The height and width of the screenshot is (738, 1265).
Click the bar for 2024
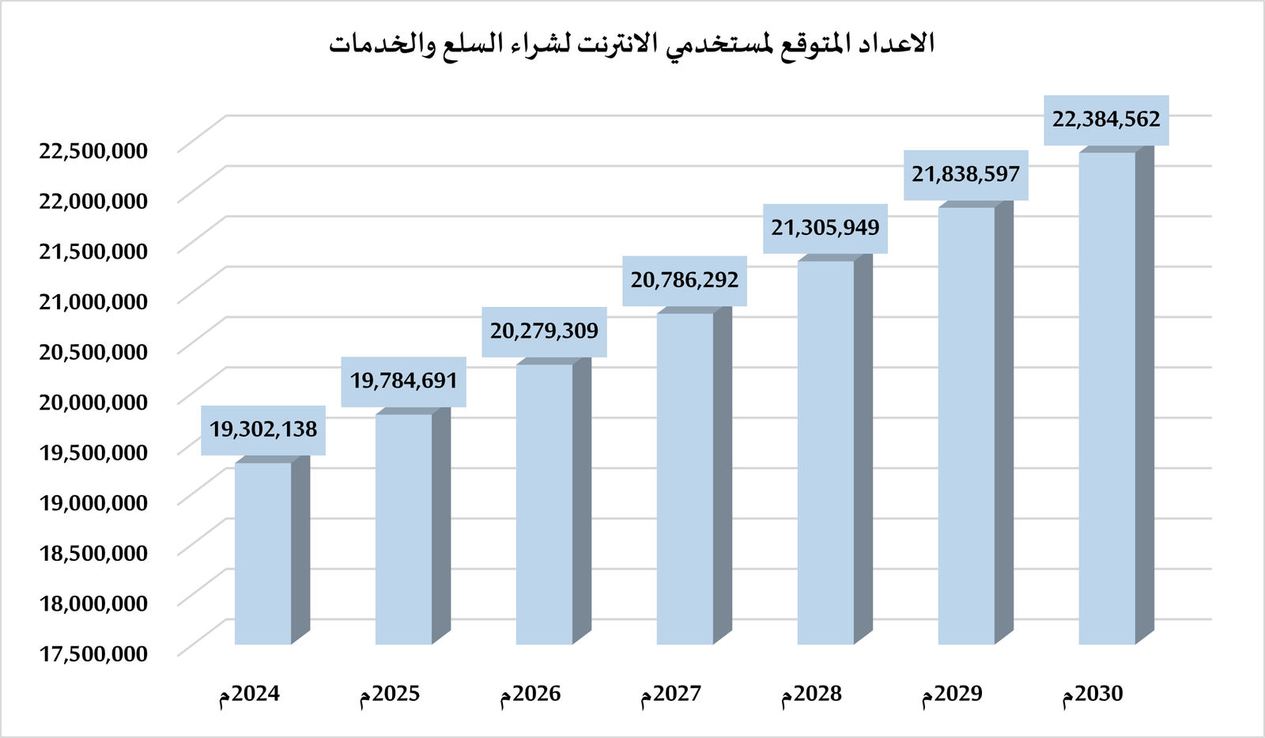tap(263, 554)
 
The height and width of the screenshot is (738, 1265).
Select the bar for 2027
tap(685, 479)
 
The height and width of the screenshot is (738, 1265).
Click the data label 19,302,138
tap(263, 430)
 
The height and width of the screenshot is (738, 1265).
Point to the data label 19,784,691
tap(404, 381)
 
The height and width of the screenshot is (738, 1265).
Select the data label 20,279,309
tap(544, 331)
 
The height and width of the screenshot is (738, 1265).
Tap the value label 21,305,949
tap(825, 228)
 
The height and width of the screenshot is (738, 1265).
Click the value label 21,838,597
tap(965, 174)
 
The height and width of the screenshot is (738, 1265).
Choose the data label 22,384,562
tap(1106, 119)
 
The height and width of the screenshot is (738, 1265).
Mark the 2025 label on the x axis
tap(390, 694)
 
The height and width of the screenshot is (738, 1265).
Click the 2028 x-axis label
tap(812, 694)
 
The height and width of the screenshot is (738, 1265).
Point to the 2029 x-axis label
tap(952, 694)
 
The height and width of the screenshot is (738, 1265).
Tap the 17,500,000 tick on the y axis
tap(93, 653)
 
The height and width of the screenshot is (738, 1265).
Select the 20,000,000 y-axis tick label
tap(93, 402)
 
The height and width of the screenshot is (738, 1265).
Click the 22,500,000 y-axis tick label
tap(93, 150)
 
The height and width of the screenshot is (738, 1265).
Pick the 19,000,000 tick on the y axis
tap(93, 502)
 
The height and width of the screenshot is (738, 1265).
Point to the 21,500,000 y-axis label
tap(93, 251)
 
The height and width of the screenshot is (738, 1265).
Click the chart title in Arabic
tap(632, 43)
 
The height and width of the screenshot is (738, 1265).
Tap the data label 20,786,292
tap(685, 280)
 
